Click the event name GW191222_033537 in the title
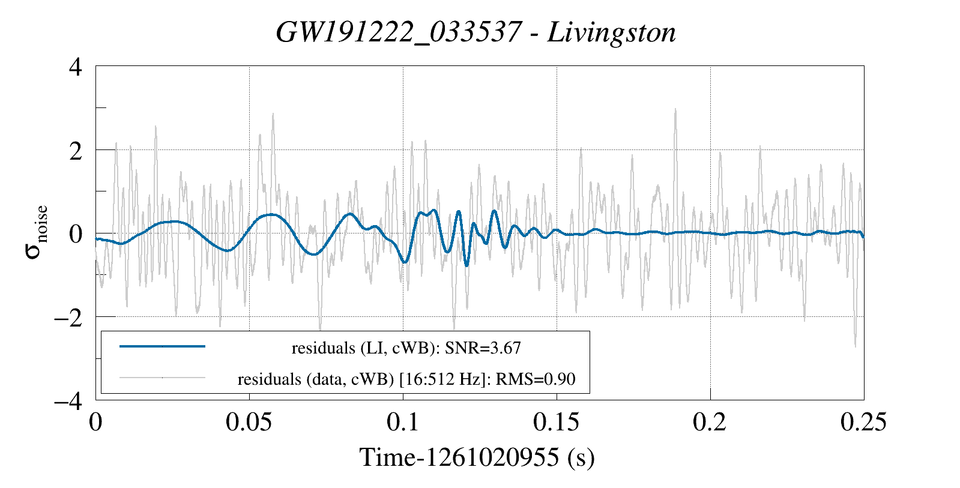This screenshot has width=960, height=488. (x=398, y=32)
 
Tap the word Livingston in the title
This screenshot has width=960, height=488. (x=611, y=32)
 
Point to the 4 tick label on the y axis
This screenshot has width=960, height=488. (x=76, y=67)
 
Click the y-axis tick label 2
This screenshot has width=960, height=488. (x=76, y=150)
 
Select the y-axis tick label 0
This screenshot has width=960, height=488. (x=76, y=233)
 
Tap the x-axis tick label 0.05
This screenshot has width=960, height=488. (x=249, y=423)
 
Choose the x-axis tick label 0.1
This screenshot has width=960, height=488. (x=403, y=423)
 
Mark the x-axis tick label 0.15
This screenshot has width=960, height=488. (x=557, y=423)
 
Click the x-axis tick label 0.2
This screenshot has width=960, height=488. (x=710, y=423)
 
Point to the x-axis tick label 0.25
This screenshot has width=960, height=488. (x=863, y=423)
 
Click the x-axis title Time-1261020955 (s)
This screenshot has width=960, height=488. (x=477, y=457)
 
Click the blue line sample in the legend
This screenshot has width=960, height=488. (x=163, y=346)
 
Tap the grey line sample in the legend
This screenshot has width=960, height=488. (x=163, y=378)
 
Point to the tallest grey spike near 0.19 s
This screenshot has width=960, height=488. (x=675, y=110)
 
